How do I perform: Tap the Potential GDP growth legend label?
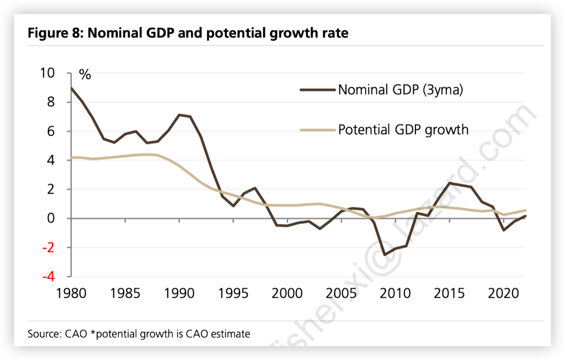coord(403,130)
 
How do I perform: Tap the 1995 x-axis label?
coord(233,293)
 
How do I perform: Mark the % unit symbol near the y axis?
coord(84,75)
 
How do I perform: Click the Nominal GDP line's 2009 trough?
coord(385,255)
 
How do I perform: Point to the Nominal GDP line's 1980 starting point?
coord(71,88)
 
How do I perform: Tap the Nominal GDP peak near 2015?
coord(450,183)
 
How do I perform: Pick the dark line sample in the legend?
coord(318,90)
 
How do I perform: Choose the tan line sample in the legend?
coord(318,130)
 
